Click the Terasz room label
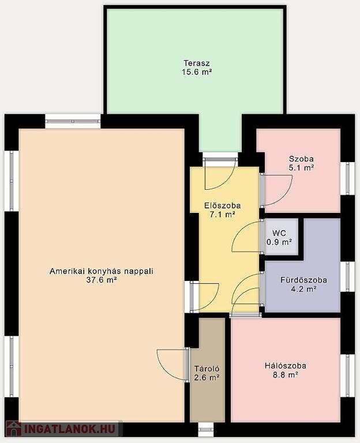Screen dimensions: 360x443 click(197, 63)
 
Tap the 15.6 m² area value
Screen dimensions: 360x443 click(197, 72)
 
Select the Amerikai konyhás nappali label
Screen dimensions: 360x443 click(102, 271)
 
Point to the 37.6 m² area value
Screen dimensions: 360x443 click(102, 280)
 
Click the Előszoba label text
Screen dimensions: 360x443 click(222, 205)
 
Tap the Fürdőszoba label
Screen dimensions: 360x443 click(304, 280)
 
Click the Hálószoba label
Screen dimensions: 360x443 click(286, 366)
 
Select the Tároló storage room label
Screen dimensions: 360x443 click(207, 369)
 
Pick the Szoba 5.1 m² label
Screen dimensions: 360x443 click(301, 163)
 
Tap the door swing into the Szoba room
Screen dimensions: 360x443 click(277, 190)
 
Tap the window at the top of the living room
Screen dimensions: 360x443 click(73, 121)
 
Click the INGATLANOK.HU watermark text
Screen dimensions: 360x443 click(70, 429)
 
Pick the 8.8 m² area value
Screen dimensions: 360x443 click(285, 375)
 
